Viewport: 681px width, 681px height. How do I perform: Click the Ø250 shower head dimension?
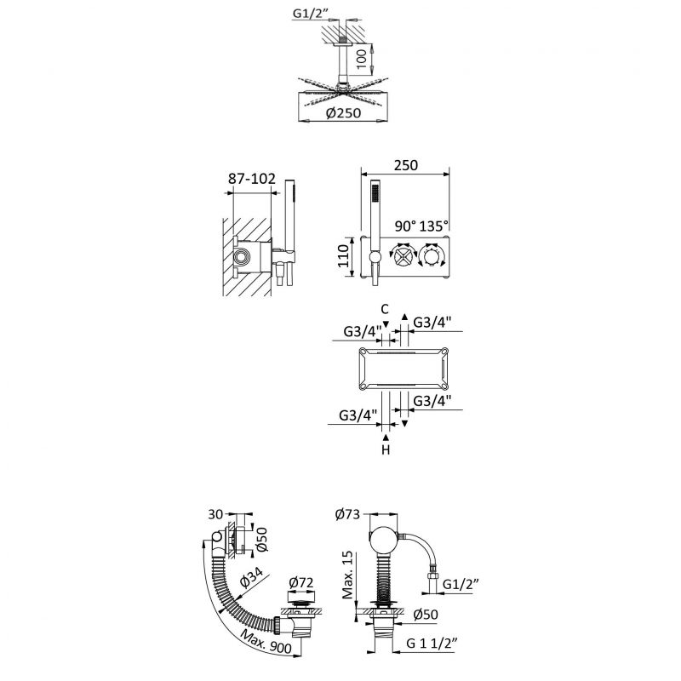[x=343, y=113]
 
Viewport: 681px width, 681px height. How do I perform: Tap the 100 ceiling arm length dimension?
[x=361, y=59]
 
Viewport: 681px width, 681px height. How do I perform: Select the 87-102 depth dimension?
[x=252, y=178]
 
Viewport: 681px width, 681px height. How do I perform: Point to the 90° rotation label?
[x=406, y=226]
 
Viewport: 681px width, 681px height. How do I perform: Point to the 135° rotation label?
[x=434, y=226]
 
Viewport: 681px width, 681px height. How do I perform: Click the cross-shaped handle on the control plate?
[x=402, y=257]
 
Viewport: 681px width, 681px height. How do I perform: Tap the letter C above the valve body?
[x=385, y=309]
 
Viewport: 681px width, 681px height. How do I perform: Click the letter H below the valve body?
[x=386, y=450]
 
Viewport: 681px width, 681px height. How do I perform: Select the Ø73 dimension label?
[x=348, y=514]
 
